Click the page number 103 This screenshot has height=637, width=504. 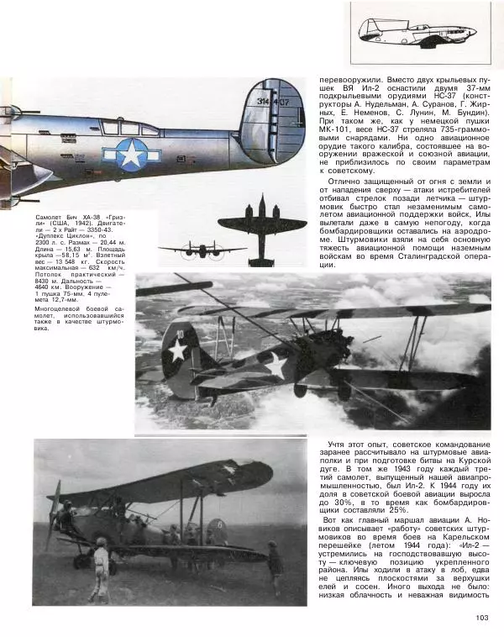point(481,619)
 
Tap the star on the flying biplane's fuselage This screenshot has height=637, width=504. point(275,365)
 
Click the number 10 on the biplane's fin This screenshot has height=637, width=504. point(179,334)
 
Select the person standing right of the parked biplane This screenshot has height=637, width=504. point(275,567)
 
